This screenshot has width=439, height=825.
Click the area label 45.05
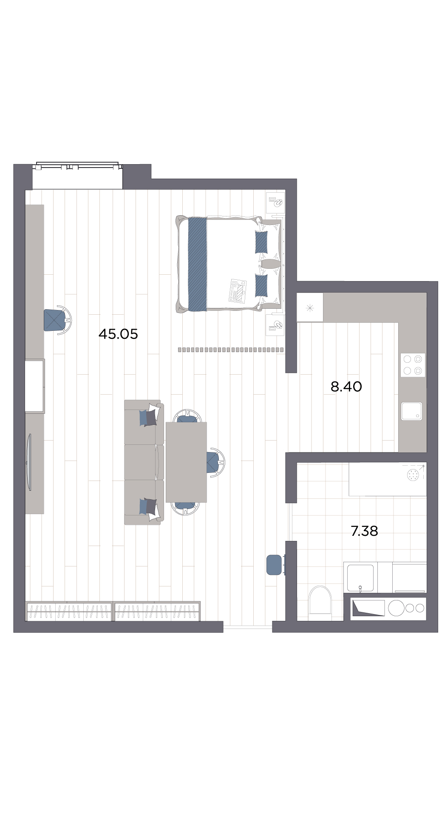tap(118, 334)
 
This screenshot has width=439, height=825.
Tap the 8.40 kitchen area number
tap(346, 387)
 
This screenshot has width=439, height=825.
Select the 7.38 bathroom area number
tap(364, 531)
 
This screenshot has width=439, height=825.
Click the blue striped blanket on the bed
tap(198, 264)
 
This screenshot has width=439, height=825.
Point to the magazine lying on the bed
tap(238, 290)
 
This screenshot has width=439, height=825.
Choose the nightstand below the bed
tap(275, 325)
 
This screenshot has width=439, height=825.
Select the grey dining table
tap(186, 462)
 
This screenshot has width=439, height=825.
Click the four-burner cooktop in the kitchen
tap(413, 365)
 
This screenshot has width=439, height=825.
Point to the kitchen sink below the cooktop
tap(412, 411)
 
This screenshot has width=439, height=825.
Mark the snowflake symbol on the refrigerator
tap(310, 308)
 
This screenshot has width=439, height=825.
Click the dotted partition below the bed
tap(231, 350)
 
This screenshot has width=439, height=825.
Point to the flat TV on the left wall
tap(29, 462)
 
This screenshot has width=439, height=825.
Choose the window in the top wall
tap(77, 166)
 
